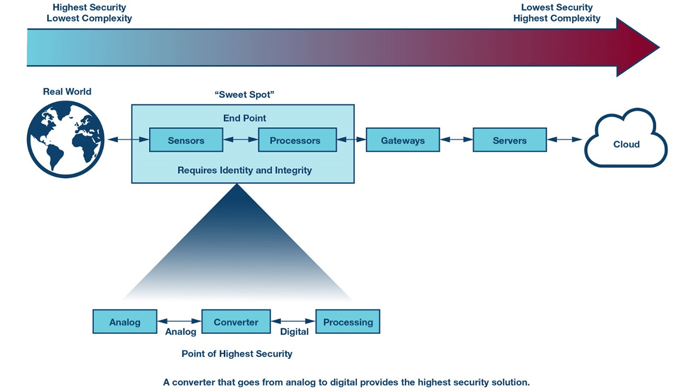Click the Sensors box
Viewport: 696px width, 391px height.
pyautogui.click(x=186, y=140)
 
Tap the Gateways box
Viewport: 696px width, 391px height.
pyautogui.click(x=402, y=140)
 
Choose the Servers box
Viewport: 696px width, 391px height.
pyautogui.click(x=509, y=140)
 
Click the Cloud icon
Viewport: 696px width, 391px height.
pyautogui.click(x=626, y=142)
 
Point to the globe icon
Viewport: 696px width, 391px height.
pyautogui.click(x=65, y=140)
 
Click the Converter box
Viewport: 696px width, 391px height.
pyautogui.click(x=236, y=321)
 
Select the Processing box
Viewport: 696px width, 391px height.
pyautogui.click(x=347, y=321)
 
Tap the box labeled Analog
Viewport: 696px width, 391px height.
pyautogui.click(x=125, y=321)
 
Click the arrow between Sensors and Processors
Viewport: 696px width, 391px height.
pyautogui.click(x=240, y=140)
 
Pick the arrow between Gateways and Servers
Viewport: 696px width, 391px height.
pyautogui.click(x=456, y=140)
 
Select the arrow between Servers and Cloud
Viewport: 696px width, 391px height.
pyautogui.click(x=565, y=140)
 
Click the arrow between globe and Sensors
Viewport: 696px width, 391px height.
pyautogui.click(x=128, y=140)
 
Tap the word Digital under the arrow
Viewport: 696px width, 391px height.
pyautogui.click(x=294, y=332)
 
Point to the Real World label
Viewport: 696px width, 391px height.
pyautogui.click(x=67, y=91)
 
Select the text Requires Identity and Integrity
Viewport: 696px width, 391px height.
pyautogui.click(x=245, y=171)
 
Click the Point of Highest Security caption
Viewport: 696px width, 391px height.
pyautogui.click(x=237, y=354)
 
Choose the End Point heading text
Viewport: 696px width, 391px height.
pyautogui.click(x=245, y=118)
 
